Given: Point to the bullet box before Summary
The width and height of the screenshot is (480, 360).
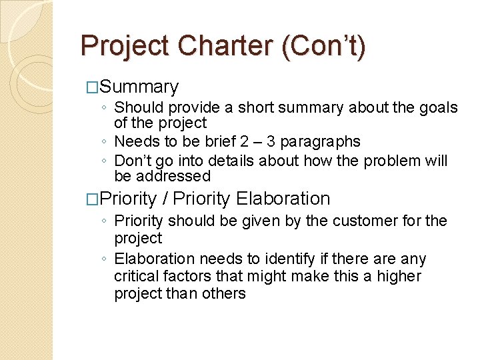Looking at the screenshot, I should click(93, 87).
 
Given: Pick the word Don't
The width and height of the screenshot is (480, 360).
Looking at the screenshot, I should click(133, 161).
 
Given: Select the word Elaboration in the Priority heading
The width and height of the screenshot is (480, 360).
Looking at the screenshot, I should click(283, 199).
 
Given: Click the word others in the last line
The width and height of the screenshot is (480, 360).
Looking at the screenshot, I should click(225, 293).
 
